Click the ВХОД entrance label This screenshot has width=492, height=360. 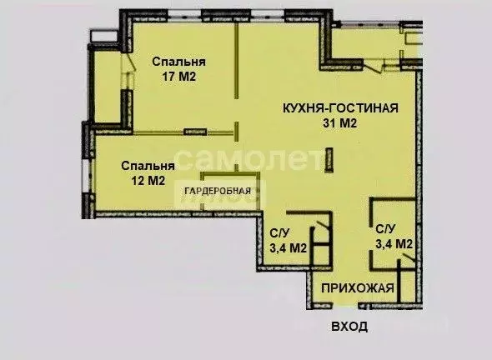(348, 326)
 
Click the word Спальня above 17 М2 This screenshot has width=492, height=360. (178, 62)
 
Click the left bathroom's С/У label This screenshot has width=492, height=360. (279, 233)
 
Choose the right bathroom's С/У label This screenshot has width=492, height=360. (385, 228)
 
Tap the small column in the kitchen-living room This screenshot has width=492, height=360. (330, 160)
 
